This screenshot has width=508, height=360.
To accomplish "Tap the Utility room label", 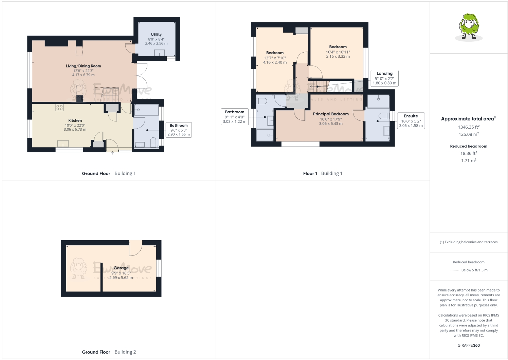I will point(156,34).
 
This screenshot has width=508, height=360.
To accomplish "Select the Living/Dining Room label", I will point(83,66).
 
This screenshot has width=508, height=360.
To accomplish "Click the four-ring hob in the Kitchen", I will point(59,108).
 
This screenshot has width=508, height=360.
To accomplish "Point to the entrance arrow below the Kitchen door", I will point(112,153).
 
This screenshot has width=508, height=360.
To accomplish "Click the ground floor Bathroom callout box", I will point(179,130).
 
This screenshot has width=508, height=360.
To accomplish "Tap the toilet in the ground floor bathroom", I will point(153,143).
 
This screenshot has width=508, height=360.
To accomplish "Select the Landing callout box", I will point(384,78).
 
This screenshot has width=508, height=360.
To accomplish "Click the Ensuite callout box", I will point(411,121).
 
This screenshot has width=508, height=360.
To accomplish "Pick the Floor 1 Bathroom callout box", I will point(235,117).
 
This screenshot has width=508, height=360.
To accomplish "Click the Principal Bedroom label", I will point(331,114).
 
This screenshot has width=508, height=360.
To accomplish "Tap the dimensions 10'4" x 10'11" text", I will point(338,52).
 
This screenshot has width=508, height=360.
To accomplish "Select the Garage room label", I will point(121,268).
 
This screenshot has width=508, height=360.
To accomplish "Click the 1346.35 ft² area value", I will point(469,127).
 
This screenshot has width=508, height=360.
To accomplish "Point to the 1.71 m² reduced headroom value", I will point(469,160).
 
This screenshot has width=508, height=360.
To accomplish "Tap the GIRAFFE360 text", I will point(469,345).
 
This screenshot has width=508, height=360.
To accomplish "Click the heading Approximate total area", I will point(468,119).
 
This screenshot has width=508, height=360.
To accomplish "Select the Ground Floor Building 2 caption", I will point(109,352).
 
